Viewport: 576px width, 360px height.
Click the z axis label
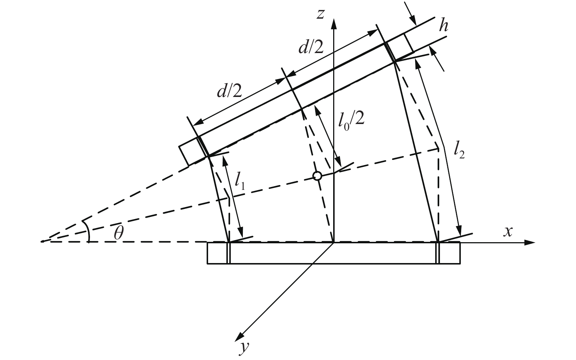321,14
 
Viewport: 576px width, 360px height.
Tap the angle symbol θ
118,233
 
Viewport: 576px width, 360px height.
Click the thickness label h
444,26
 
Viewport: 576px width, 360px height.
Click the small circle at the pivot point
318,176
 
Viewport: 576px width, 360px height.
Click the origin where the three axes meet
333,242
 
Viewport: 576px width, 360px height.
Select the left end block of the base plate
218,253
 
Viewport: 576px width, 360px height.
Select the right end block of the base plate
449,253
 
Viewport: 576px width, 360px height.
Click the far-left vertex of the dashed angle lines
42,242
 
